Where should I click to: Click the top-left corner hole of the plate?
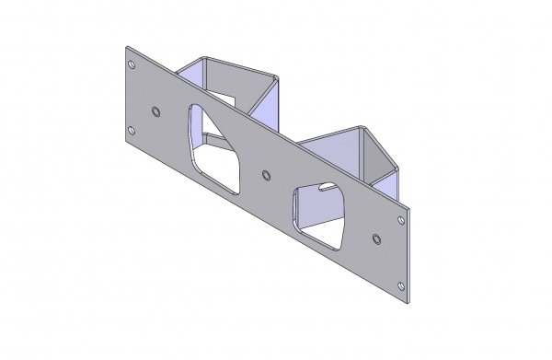point(132,64)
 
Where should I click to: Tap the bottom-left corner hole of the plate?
point(132,132)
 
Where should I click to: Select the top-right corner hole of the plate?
point(399,221)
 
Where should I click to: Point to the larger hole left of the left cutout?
point(155,111)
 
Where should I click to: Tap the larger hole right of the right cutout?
point(376,239)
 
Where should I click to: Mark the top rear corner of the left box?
point(204,58)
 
